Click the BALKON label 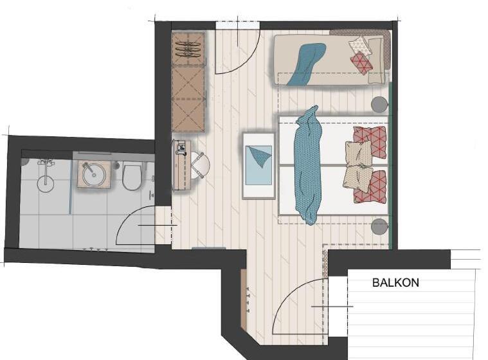tap(395, 282)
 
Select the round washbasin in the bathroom tap(93, 174)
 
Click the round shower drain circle tap(46, 184)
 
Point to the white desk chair tap(199, 165)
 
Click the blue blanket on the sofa tap(306, 64)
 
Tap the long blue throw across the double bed tap(308, 165)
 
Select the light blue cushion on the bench tap(258, 165)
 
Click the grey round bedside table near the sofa tap(380, 104)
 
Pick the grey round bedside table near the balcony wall tap(380, 226)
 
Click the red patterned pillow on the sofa tap(361, 63)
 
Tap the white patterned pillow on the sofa tap(361, 46)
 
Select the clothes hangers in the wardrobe tap(188, 49)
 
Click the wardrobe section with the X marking tap(188, 98)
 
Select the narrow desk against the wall tap(181, 165)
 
